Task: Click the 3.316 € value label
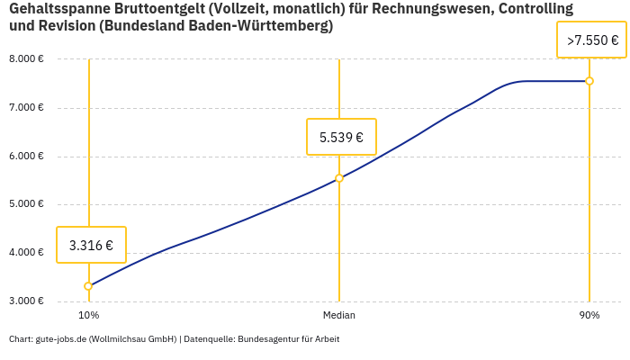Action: coord(91,245)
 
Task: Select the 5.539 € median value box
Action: coord(341,138)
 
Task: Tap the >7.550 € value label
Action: coord(592,40)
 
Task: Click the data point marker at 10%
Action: coord(88,286)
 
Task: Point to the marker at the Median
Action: coord(339,178)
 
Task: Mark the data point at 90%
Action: coord(589,81)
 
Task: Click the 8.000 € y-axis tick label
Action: coord(27,59)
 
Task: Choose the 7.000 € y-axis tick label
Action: coord(27,108)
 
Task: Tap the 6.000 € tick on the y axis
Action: coord(27,156)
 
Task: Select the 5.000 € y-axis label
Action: coord(27,204)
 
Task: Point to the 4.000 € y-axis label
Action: coord(27,252)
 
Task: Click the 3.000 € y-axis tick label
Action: coord(27,301)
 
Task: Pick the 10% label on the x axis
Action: coord(88,316)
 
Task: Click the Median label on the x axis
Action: coord(339,316)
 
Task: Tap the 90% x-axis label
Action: coord(589,316)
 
